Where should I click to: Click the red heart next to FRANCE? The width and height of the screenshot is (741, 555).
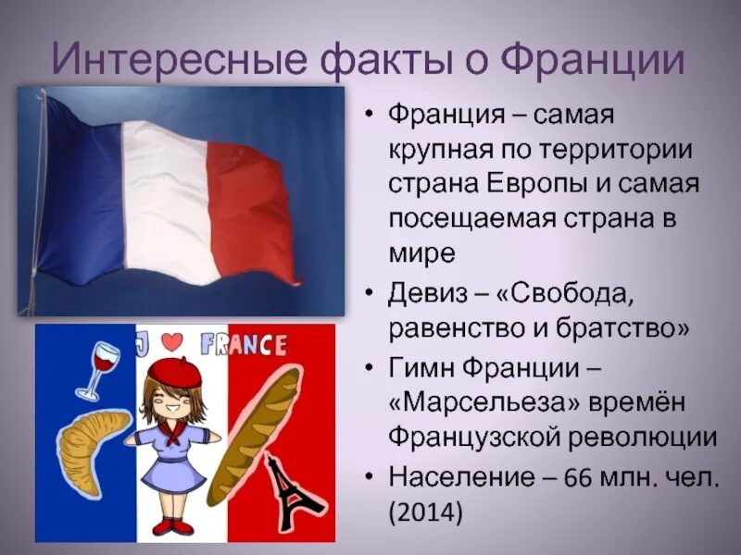[x=170, y=341]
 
